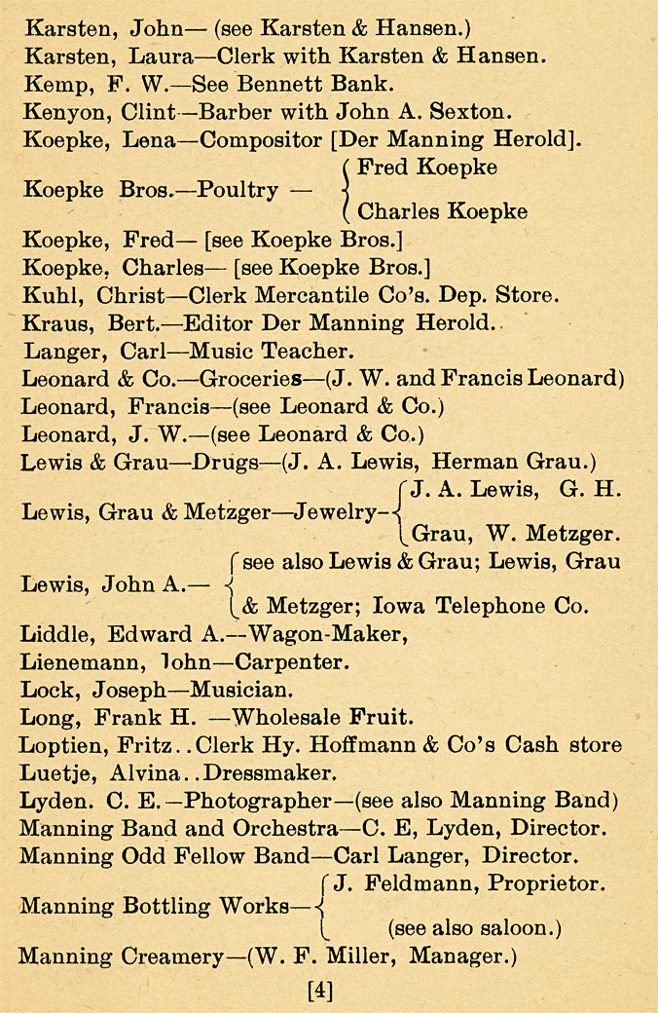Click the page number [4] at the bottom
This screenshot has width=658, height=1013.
(x=320, y=992)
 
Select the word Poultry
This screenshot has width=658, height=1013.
(x=238, y=189)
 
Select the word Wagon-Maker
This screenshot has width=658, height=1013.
(x=315, y=634)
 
